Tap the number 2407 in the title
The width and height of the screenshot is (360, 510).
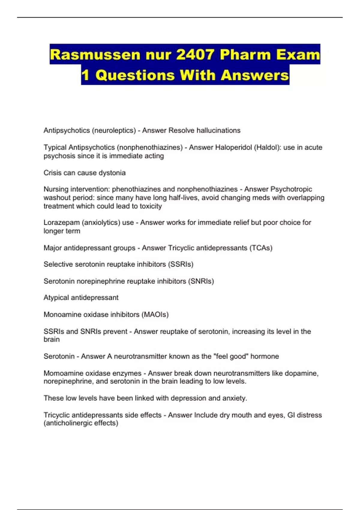point(195,55)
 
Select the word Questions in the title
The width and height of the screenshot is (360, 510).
point(135,75)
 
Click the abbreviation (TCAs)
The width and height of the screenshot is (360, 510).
point(261,248)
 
